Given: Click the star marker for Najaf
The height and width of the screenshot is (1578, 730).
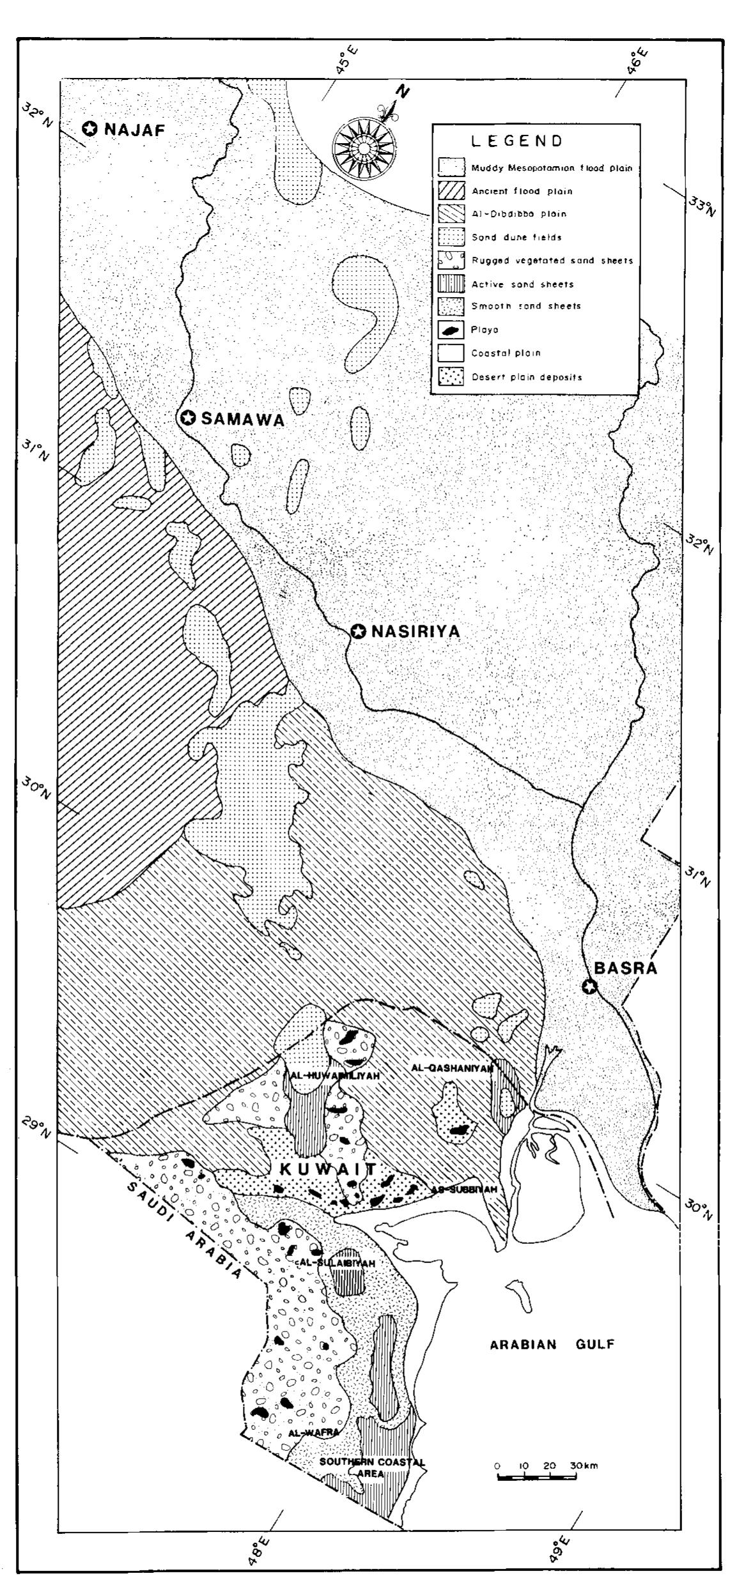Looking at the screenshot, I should [90, 129].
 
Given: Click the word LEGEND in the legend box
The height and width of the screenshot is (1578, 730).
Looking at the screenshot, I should [517, 141].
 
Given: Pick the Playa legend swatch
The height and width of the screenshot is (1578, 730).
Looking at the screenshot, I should [451, 330].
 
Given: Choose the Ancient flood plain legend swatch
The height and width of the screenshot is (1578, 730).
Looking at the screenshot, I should [451, 191].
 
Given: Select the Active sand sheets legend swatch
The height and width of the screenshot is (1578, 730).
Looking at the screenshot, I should [451, 284].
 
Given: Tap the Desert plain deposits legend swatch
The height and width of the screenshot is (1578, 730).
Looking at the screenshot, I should [451, 376].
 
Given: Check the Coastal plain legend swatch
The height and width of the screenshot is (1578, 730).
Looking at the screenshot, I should [451, 353].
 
